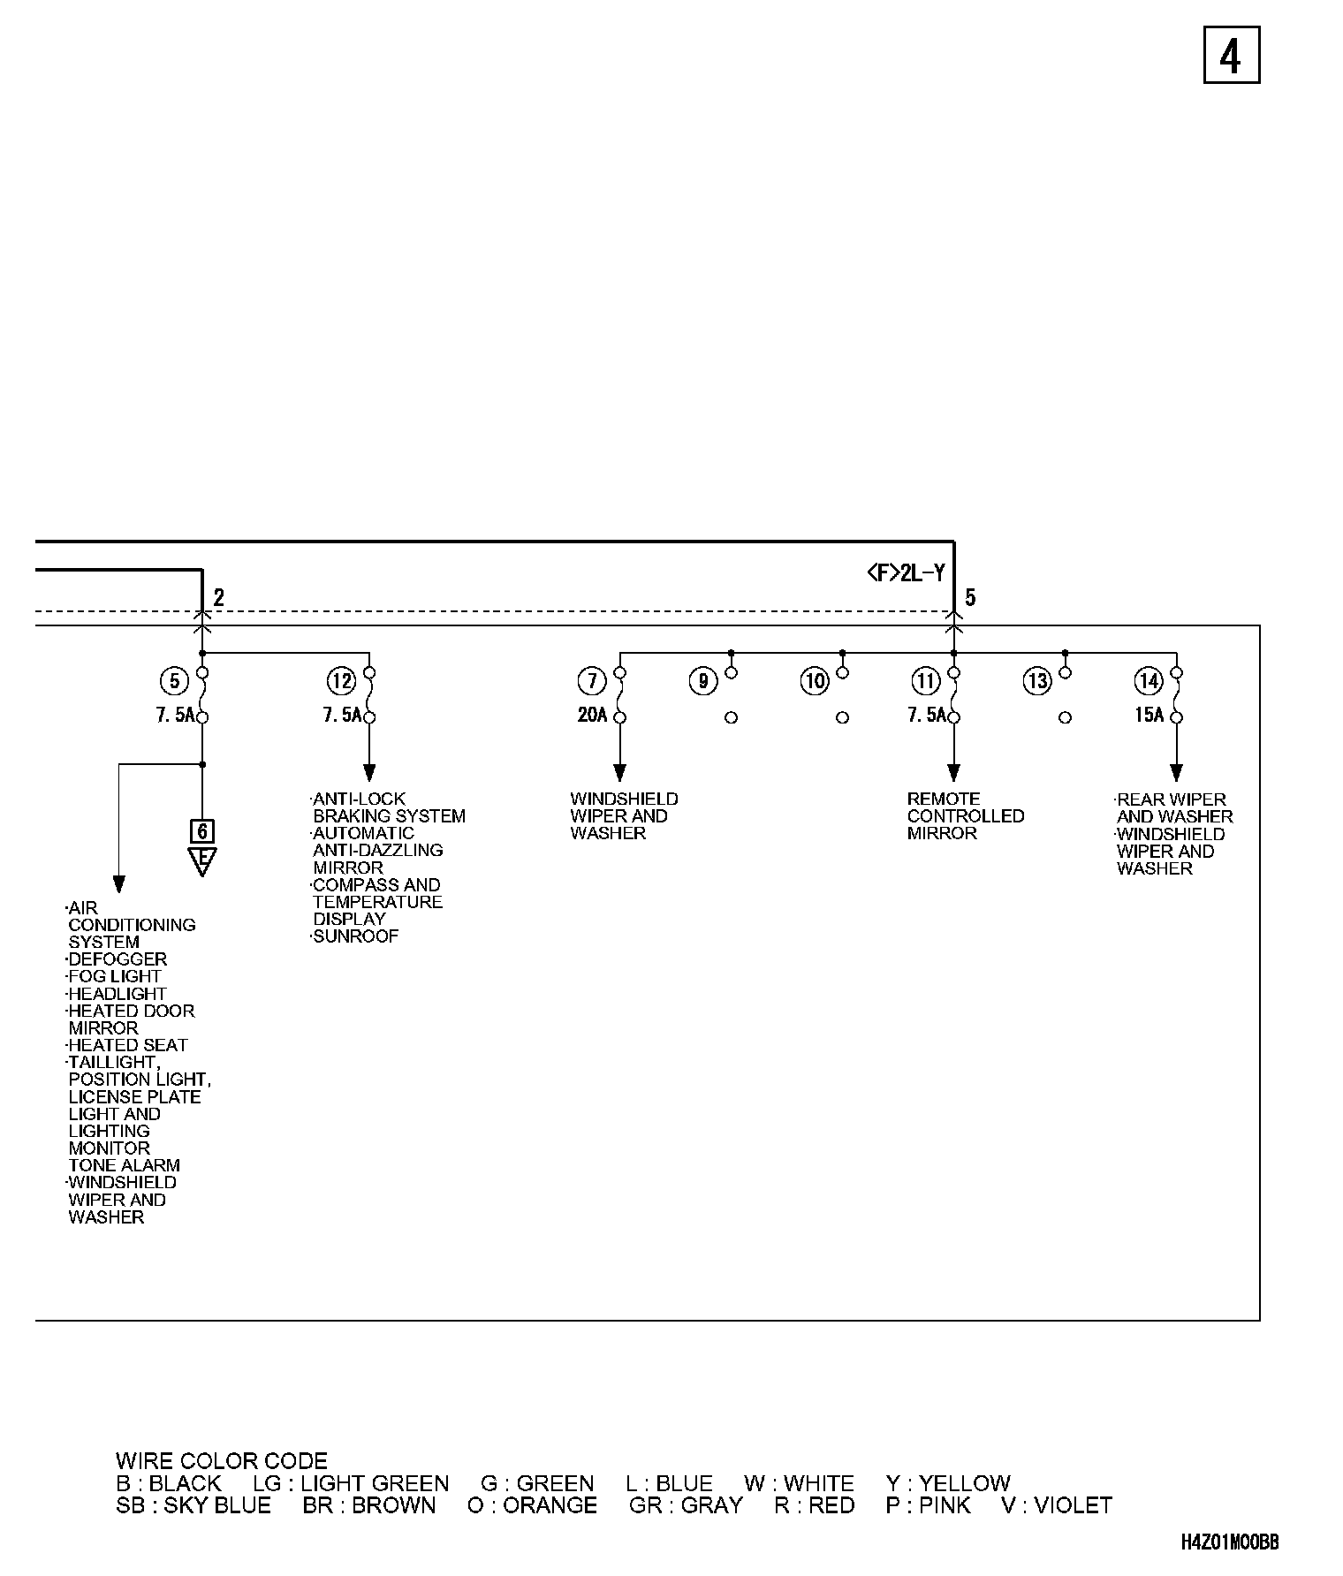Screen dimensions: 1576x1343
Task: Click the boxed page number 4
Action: click(x=1231, y=56)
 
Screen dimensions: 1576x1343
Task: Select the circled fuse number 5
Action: click(x=175, y=681)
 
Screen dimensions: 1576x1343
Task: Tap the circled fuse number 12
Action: click(x=341, y=681)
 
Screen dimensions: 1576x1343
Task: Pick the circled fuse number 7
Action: click(x=592, y=681)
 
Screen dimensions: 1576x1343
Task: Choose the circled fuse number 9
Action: click(x=703, y=681)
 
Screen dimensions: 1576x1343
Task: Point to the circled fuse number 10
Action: click(x=815, y=681)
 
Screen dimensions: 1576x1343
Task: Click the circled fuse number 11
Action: click(x=926, y=681)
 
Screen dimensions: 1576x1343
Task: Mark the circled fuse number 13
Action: click(x=1037, y=681)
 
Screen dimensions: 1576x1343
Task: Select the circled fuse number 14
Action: click(x=1149, y=681)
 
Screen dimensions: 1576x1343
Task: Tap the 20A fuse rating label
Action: click(x=593, y=716)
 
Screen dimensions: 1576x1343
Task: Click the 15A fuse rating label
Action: click(x=1150, y=716)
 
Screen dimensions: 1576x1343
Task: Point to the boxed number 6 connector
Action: click(x=202, y=831)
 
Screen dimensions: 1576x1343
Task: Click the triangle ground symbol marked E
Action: click(x=202, y=860)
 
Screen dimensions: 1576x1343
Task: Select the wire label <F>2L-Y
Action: click(x=906, y=574)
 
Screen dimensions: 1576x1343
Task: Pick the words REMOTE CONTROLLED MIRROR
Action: click(x=965, y=815)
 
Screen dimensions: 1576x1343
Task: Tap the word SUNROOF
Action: click(x=356, y=936)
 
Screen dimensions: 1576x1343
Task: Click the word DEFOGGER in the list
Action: click(x=118, y=959)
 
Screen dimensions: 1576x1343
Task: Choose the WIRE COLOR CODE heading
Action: click(x=222, y=1461)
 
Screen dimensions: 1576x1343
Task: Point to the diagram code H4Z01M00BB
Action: click(x=1230, y=1542)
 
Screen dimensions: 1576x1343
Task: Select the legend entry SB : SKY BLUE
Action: click(x=193, y=1505)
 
